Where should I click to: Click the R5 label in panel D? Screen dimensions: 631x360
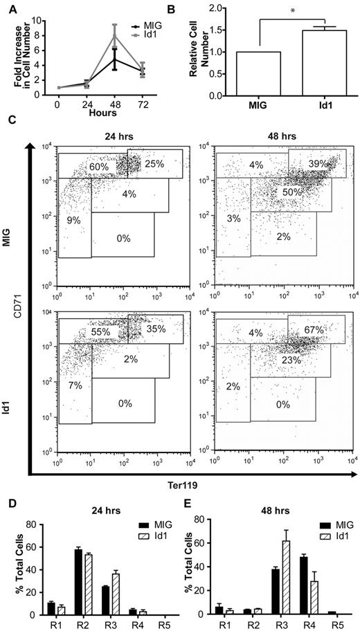[x=156, y=623]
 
